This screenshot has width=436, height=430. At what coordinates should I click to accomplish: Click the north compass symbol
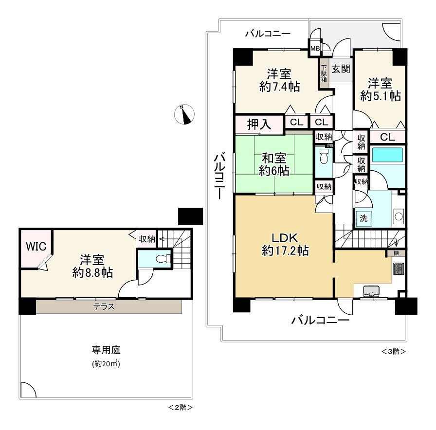pos(184,114)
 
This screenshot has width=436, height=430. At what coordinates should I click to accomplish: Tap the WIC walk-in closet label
pos(36,246)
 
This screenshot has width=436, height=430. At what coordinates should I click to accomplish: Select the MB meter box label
pos(315,48)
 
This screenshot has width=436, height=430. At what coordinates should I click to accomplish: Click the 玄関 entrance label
pos(341,69)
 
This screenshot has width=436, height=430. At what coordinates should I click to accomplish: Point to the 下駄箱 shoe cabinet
pos(324,73)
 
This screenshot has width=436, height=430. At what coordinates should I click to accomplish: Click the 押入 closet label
pos(259,125)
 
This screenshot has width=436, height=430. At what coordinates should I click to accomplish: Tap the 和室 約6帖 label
pos(274,164)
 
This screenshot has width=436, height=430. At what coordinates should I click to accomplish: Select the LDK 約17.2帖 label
pos(285,244)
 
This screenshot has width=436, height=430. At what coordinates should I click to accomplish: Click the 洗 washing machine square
pos(363,218)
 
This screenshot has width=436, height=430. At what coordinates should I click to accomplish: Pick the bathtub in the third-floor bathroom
pos(387,155)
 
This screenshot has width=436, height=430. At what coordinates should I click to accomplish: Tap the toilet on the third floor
pos(324,157)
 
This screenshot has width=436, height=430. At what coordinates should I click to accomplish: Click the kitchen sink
pos(371,291)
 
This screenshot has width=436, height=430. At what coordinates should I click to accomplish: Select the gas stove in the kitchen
pos(398,269)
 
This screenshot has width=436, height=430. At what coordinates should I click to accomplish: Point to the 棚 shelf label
pos(396,253)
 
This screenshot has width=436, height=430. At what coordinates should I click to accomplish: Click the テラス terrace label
pos(104,306)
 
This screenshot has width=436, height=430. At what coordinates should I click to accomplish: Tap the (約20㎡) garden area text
pos(106,363)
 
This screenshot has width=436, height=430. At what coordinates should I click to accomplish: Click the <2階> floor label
pos(180,408)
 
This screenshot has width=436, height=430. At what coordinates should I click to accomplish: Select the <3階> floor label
pos(394,351)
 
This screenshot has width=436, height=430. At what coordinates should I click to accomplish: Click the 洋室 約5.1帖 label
pos(381,90)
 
